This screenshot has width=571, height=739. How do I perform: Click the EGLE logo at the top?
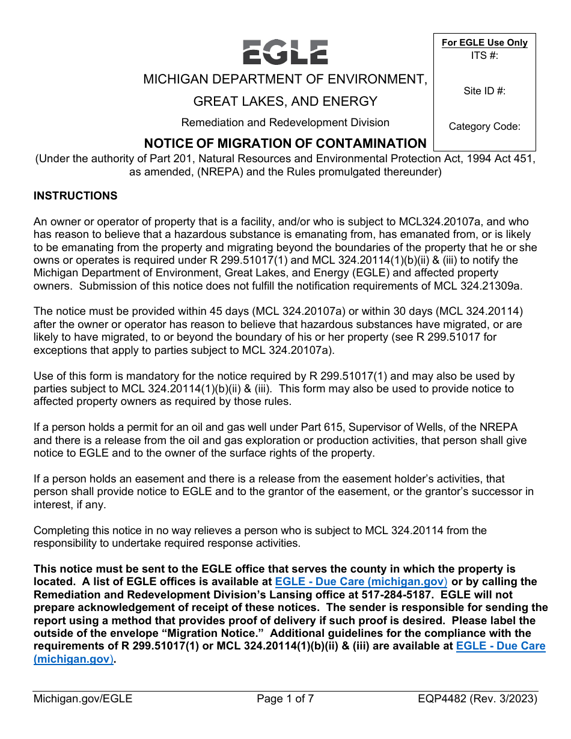[285, 52]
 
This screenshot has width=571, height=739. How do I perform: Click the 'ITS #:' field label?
[484, 55]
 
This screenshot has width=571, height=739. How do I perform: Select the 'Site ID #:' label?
[484, 91]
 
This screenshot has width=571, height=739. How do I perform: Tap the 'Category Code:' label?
[484, 127]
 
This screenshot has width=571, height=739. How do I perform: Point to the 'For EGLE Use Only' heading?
[484, 43]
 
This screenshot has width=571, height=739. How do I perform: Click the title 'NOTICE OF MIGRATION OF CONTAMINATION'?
[285, 144]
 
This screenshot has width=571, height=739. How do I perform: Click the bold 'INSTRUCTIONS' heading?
[76, 196]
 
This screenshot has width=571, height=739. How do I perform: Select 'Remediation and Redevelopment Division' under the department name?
[285, 123]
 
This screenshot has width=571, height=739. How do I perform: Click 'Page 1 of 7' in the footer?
[285, 699]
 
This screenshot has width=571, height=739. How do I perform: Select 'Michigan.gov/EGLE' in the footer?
[83, 699]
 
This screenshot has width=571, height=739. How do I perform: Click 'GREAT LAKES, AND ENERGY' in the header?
[285, 101]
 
